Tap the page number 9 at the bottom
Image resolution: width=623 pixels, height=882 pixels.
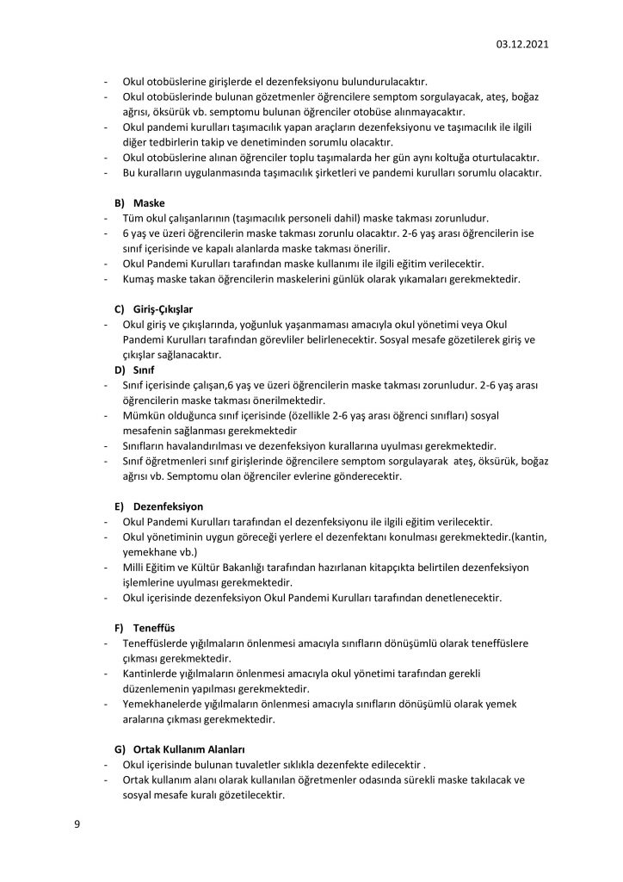tap(77, 824)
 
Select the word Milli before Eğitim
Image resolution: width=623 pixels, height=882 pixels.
tap(135, 567)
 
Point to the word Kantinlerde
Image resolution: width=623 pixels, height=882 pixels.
tap(152, 674)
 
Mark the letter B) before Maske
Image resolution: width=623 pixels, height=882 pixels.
tap(120, 202)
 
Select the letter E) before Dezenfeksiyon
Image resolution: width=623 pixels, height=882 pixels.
tap(120, 506)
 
